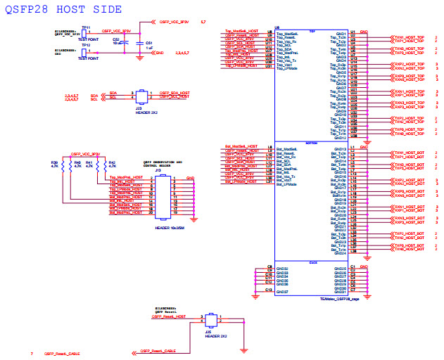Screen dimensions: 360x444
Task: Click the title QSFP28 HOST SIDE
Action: tap(63, 9)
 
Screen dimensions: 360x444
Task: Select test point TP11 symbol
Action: tap(85, 32)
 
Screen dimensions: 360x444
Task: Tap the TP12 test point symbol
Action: tap(85, 51)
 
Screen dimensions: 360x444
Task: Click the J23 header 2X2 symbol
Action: tap(141, 95)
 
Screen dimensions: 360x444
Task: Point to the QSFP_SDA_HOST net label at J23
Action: tap(175, 92)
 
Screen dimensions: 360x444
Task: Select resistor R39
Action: tap(63, 173)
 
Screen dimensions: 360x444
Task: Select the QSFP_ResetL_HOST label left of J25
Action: tap(169, 317)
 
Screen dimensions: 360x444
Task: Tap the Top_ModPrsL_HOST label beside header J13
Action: tap(126, 177)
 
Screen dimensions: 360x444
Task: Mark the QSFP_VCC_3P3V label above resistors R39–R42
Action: tap(84, 154)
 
